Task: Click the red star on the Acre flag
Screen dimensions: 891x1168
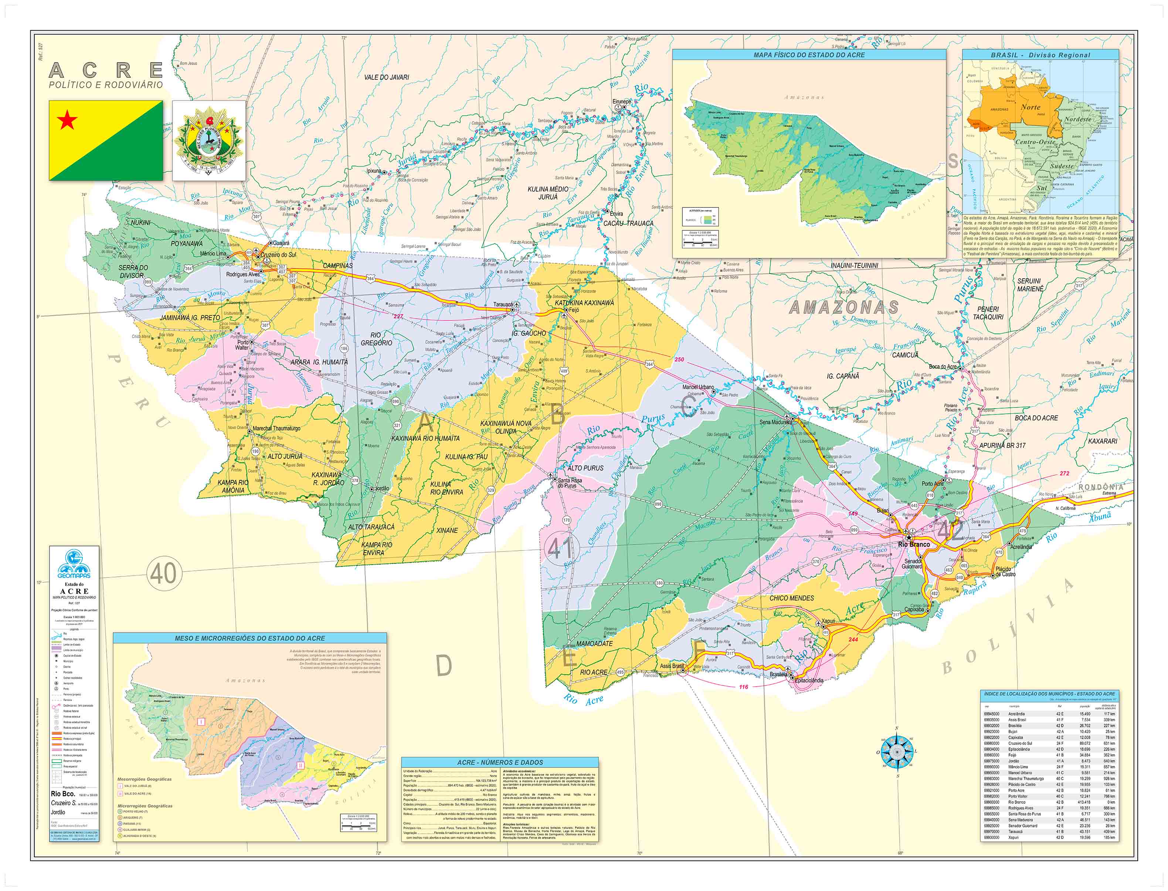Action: click(x=67, y=121)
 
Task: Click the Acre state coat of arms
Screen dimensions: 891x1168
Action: click(x=209, y=140)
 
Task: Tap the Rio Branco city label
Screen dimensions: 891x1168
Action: click(x=913, y=544)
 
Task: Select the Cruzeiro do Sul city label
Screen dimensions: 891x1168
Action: click(x=278, y=255)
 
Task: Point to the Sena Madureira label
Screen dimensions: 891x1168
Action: click(x=776, y=422)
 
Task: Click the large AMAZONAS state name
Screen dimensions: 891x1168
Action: click(x=844, y=307)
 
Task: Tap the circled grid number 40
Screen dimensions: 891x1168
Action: click(x=163, y=573)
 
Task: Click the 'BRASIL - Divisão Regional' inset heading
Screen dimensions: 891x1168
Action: click(x=1040, y=55)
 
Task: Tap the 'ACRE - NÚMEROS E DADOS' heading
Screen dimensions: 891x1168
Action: click(x=500, y=762)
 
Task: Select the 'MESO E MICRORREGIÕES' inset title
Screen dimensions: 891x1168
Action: click(x=250, y=638)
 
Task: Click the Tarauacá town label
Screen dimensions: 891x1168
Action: click(x=503, y=304)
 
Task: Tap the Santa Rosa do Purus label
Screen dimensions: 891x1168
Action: click(x=570, y=482)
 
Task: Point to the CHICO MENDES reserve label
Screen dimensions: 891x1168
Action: click(x=792, y=598)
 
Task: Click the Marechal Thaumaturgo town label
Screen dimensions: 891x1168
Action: click(x=276, y=428)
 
